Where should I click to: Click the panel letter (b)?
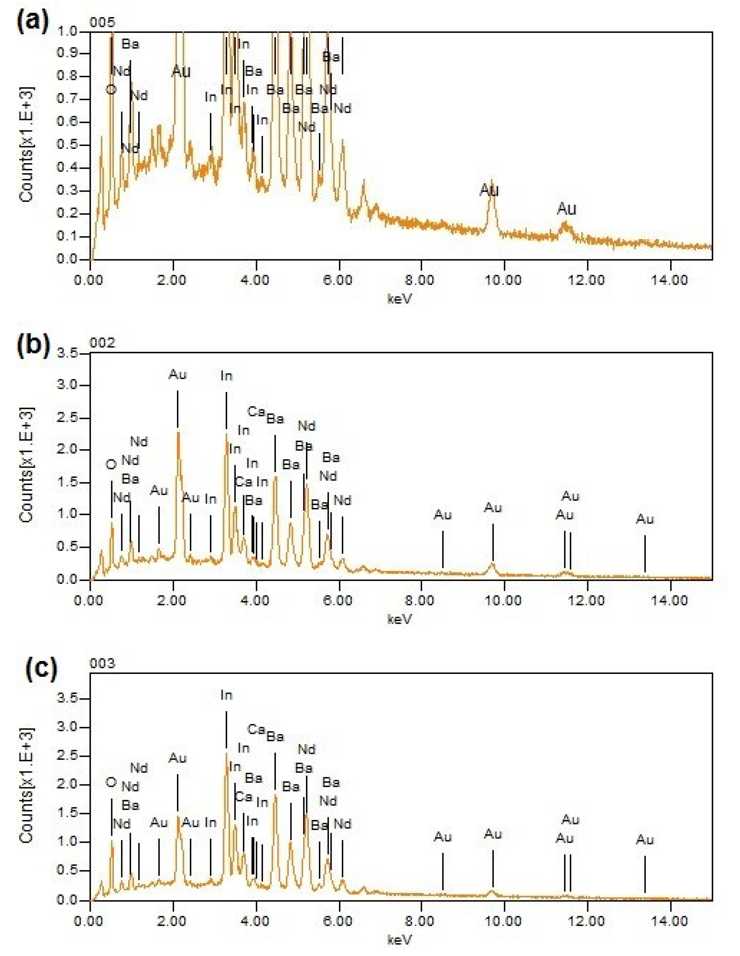33,344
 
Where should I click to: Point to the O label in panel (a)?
111,90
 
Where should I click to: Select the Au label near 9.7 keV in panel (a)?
489,190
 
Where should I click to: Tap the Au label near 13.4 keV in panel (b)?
644,520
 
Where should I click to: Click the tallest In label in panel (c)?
226,695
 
